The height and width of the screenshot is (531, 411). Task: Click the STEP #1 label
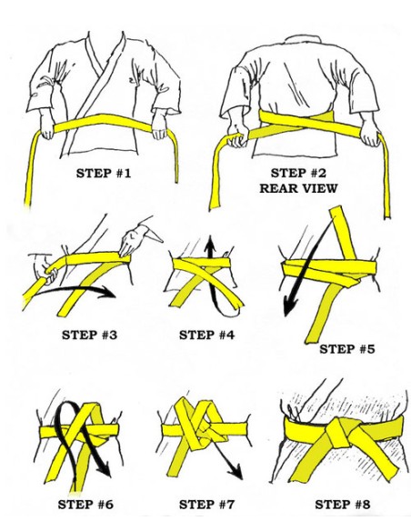104,173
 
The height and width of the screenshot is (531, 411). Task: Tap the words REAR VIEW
298,188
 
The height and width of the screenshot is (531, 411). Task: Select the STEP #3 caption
89,335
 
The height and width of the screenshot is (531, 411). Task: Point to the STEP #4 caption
206,335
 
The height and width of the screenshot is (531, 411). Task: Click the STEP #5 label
347,349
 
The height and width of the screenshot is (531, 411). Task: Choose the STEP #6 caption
85,505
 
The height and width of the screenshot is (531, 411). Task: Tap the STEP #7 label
206,505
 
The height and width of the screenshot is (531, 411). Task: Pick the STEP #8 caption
343,505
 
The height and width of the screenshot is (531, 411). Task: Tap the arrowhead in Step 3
108,292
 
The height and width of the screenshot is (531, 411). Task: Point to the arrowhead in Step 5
289,306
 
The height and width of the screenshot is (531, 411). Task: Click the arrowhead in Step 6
104,469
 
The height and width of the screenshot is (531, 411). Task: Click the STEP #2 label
298,173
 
